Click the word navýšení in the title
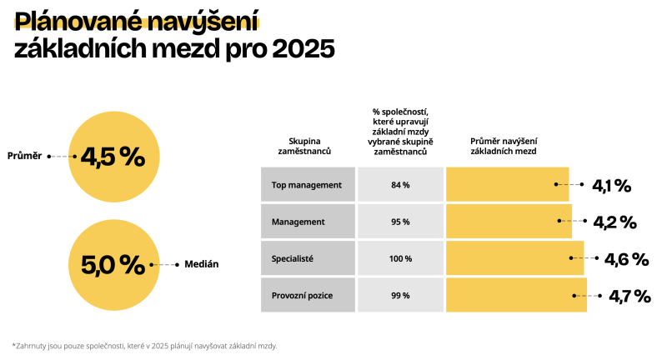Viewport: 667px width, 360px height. pos(203,21)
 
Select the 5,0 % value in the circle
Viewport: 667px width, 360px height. pos(113,264)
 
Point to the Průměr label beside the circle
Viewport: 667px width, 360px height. pos(24,156)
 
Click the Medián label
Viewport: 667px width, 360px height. pos(200,264)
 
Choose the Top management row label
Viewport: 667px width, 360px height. pos(307,184)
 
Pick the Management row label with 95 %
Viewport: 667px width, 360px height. pos(298,222)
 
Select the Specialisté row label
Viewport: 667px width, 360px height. pos(293,258)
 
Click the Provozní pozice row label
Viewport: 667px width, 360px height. pos(303,295)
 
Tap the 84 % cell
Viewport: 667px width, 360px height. pos(400,184)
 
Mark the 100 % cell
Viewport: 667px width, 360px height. pos(400,258)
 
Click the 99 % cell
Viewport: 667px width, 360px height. pos(400,295)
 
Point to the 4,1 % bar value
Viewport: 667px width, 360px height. pos(611,186)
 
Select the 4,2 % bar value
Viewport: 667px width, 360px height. pos(614,222)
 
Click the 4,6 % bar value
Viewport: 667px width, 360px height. pos(626,259)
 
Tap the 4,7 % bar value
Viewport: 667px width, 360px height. pos(629,296)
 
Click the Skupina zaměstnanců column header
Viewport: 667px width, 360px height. pos(304,147)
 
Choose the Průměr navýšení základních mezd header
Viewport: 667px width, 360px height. pos(504,147)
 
